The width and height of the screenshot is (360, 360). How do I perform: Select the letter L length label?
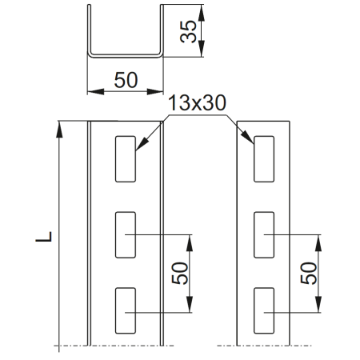[47, 237]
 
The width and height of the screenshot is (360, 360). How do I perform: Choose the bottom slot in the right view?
[264, 311]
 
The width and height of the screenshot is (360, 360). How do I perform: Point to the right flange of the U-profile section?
[160, 30]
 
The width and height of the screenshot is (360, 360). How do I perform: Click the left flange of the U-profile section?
[90, 30]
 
